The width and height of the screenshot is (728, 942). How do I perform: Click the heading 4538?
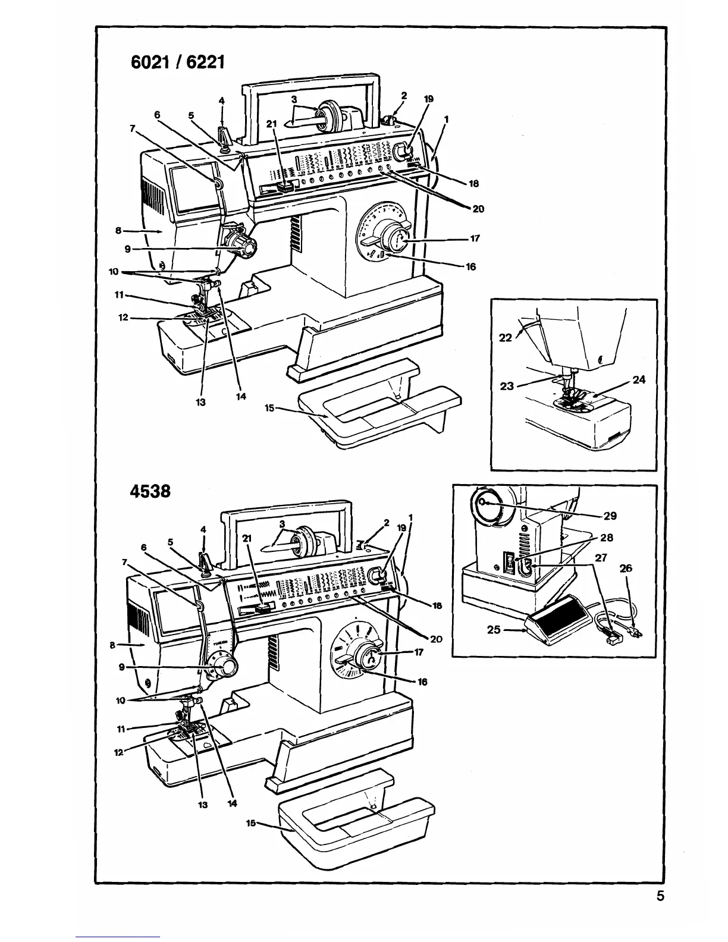pos(150,492)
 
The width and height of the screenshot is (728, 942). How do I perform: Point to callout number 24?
pos(639,380)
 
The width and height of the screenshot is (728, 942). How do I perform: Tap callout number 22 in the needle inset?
pos(506,338)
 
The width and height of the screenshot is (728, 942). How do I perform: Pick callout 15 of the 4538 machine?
pos(252,823)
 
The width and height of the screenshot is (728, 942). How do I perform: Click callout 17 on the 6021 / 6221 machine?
pos(475,239)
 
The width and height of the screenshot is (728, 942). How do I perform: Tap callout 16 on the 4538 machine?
pos(422,682)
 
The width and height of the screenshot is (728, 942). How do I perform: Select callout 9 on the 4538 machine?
pos(121,668)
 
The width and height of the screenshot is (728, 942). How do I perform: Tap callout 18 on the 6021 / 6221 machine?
pos(474,184)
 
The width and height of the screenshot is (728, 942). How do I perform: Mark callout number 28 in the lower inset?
pos(607,538)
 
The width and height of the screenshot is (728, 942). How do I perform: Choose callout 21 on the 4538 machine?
pos(248,538)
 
